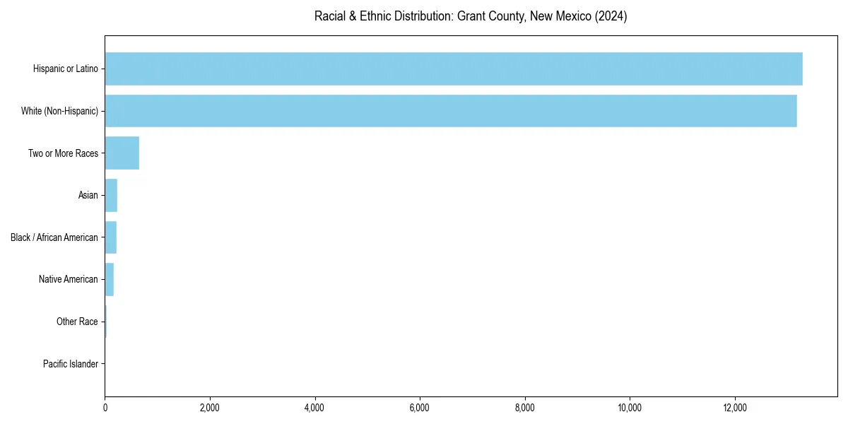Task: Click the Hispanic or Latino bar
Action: [453, 69]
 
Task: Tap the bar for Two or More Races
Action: [122, 153]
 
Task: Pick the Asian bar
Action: [111, 195]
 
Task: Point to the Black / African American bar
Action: [110, 237]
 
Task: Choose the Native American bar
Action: [109, 279]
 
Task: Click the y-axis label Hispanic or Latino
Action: [66, 69]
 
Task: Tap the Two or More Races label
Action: [63, 153]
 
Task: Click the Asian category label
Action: [88, 195]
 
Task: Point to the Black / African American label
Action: [54, 237]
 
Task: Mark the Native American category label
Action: [68, 279]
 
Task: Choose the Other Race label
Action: [77, 322]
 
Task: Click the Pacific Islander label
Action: [71, 364]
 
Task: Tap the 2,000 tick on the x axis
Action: [210, 408]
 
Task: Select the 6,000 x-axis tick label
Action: [420, 408]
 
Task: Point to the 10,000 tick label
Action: [630, 408]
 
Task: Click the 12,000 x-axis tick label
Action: [735, 408]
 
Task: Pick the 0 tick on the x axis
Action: [105, 408]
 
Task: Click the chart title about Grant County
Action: [471, 16]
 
